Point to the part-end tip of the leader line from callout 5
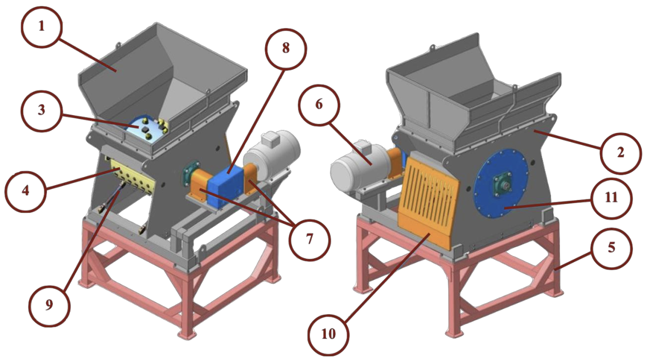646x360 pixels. tap(554, 270)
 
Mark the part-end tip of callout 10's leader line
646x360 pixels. tap(431, 234)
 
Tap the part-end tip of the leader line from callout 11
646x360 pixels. tap(505, 208)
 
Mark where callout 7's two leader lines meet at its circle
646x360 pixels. tap(294, 225)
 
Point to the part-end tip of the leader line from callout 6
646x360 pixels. tap(372, 165)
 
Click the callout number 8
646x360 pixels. tap(286, 49)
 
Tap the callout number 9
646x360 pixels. tap(49, 305)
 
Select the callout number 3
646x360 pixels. tap(42, 110)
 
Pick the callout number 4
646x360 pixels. tap(26, 190)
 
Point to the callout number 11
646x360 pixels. tap(611, 198)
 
